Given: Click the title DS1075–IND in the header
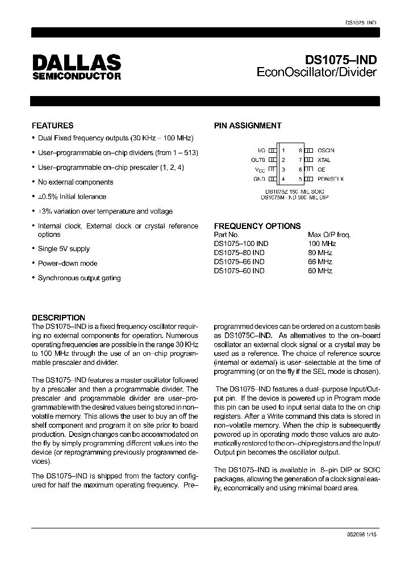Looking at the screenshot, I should tap(341, 60).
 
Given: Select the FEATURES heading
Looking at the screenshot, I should tap(52, 126).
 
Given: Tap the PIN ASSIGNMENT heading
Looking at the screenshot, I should tap(247, 126).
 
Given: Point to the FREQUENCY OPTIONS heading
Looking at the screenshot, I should tap(257, 226).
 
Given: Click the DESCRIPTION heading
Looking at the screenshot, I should tap(59, 318).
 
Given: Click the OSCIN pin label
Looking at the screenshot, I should tap(326, 150).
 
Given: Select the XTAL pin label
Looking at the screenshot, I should tap(324, 160).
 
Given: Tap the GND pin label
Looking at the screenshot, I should tap(259, 179).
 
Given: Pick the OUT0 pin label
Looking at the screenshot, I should tap(258, 160).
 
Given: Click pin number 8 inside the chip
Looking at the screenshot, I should tap(299, 150).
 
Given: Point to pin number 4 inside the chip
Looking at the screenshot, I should tap(283, 179).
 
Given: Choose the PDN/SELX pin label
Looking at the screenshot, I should tap(331, 179).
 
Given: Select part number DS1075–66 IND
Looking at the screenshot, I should tap(239, 262).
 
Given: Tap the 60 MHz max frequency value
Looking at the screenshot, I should tap(320, 271).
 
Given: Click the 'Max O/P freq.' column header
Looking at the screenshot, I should tap(329, 234).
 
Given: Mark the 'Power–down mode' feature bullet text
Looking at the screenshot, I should tap(68, 264).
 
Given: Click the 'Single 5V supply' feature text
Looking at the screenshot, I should tap(64, 249).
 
